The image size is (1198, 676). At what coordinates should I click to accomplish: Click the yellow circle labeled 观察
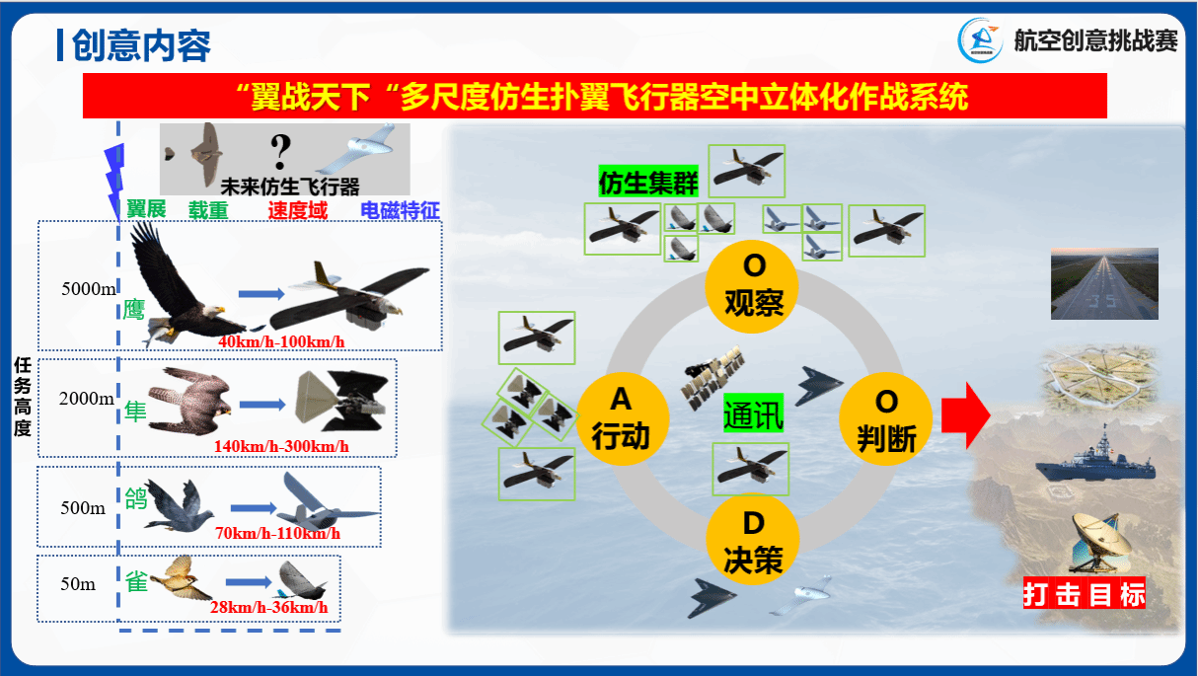pyautogui.click(x=752, y=287)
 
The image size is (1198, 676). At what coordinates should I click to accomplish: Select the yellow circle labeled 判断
pyautogui.click(x=885, y=418)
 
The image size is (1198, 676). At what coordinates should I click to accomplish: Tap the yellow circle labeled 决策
pyautogui.click(x=753, y=539)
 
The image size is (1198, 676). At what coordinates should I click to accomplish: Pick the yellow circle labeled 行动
pyautogui.click(x=623, y=418)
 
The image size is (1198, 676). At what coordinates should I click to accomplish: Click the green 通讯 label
pyautogui.click(x=753, y=413)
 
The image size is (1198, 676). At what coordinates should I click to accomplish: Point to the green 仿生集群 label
pyautogui.click(x=648, y=182)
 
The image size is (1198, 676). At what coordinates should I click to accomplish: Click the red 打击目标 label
pyautogui.click(x=1085, y=593)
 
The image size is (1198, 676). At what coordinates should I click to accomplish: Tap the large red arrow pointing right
pyautogui.click(x=966, y=415)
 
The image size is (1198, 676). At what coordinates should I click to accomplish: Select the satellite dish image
pyautogui.click(x=1100, y=542)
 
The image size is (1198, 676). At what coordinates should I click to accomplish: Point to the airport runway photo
pyautogui.click(x=1104, y=283)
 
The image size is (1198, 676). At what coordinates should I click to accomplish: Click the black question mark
pyautogui.click(x=280, y=151)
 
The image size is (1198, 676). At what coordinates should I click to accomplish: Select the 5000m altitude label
pyautogui.click(x=88, y=289)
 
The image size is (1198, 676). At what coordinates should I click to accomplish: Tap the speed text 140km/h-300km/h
pyautogui.click(x=281, y=446)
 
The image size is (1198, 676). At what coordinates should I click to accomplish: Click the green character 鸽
pyautogui.click(x=135, y=498)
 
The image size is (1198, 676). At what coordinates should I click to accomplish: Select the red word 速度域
pyautogui.click(x=297, y=210)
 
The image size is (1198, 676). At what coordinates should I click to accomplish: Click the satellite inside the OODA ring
pyautogui.click(x=712, y=377)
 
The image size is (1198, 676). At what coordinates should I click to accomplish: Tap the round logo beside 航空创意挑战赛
pyautogui.click(x=980, y=40)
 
